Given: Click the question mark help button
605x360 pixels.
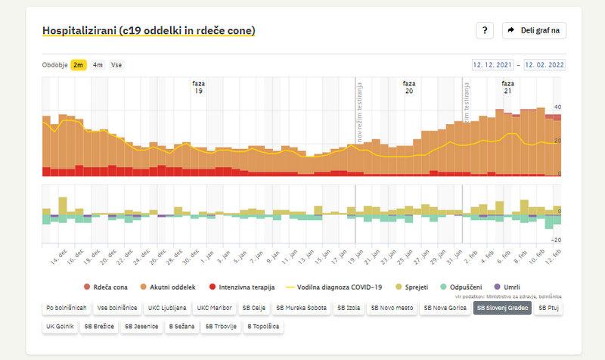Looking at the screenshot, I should [485, 30].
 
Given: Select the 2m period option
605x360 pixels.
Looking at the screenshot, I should [79, 65].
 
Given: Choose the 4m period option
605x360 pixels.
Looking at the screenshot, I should [98, 65].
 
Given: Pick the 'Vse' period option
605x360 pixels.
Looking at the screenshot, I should [116, 65].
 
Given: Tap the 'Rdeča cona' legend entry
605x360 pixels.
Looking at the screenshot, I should [106, 287].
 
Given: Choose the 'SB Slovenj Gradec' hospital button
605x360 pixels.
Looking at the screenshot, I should [501, 308].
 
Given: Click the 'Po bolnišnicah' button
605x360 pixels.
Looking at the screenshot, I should [66, 308].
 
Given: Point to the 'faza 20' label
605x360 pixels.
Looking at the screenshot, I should [409, 87].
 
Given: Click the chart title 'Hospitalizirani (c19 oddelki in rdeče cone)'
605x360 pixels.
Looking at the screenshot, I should [149, 31].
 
